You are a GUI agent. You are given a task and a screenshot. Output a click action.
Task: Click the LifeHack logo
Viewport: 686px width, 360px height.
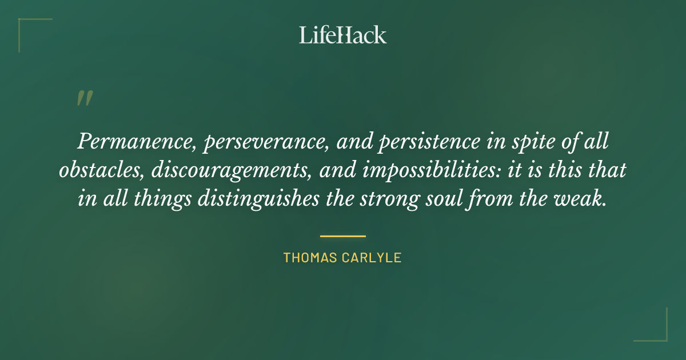point(342,35)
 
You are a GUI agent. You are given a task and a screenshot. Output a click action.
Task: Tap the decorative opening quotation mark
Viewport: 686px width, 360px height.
point(84,98)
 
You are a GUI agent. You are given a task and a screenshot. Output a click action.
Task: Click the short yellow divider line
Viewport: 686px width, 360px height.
point(342,235)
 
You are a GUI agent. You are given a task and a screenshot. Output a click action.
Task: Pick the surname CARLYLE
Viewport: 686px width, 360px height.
point(375,258)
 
